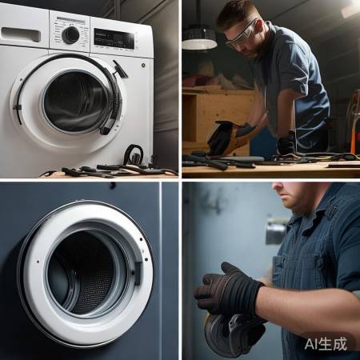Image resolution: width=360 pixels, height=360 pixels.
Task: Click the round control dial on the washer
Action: [x=70, y=35]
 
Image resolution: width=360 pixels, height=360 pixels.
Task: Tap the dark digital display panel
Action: [x=114, y=38]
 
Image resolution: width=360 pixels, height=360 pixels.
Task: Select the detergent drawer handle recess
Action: [x=21, y=34]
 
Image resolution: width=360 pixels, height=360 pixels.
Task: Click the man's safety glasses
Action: [x=242, y=33]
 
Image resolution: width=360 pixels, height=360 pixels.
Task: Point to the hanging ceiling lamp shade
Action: [x=199, y=38]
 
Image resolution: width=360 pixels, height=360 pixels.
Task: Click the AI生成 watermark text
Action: [x=326, y=344]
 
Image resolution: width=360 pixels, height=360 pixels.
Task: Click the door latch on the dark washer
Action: [x=138, y=274]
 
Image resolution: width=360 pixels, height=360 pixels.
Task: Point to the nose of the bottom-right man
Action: [x=277, y=187]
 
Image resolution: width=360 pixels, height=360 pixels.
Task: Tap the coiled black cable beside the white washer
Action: [x=134, y=154]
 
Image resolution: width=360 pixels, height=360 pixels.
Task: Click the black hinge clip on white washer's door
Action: [x=17, y=107]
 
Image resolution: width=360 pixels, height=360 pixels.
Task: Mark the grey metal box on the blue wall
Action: [x=275, y=231]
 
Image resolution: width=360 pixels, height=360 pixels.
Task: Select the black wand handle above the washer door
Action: [x=120, y=69]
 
